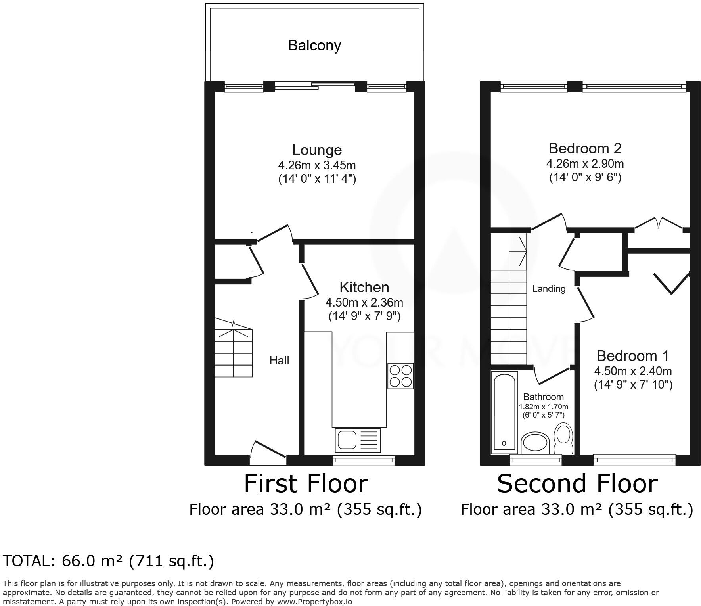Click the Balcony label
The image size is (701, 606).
(x=314, y=46)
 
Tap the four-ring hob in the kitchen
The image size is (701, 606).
(x=400, y=376)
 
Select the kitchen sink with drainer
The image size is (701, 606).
(x=358, y=440)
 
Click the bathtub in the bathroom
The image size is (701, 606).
(x=504, y=412)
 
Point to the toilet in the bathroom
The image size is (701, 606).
(x=563, y=438)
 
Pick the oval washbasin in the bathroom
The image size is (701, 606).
(x=534, y=443)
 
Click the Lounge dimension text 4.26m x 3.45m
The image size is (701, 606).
(x=317, y=165)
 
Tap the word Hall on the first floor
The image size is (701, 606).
(x=279, y=361)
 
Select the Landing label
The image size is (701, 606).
(x=549, y=289)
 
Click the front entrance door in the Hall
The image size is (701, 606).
(x=268, y=453)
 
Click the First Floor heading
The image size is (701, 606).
(x=306, y=484)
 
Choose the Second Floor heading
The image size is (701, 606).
(x=577, y=484)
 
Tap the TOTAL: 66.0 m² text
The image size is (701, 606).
(x=108, y=561)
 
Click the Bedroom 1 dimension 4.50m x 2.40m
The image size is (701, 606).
(x=633, y=371)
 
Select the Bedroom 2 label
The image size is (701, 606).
(x=585, y=148)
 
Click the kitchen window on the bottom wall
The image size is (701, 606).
(x=364, y=460)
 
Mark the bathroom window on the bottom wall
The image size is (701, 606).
(x=536, y=460)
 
